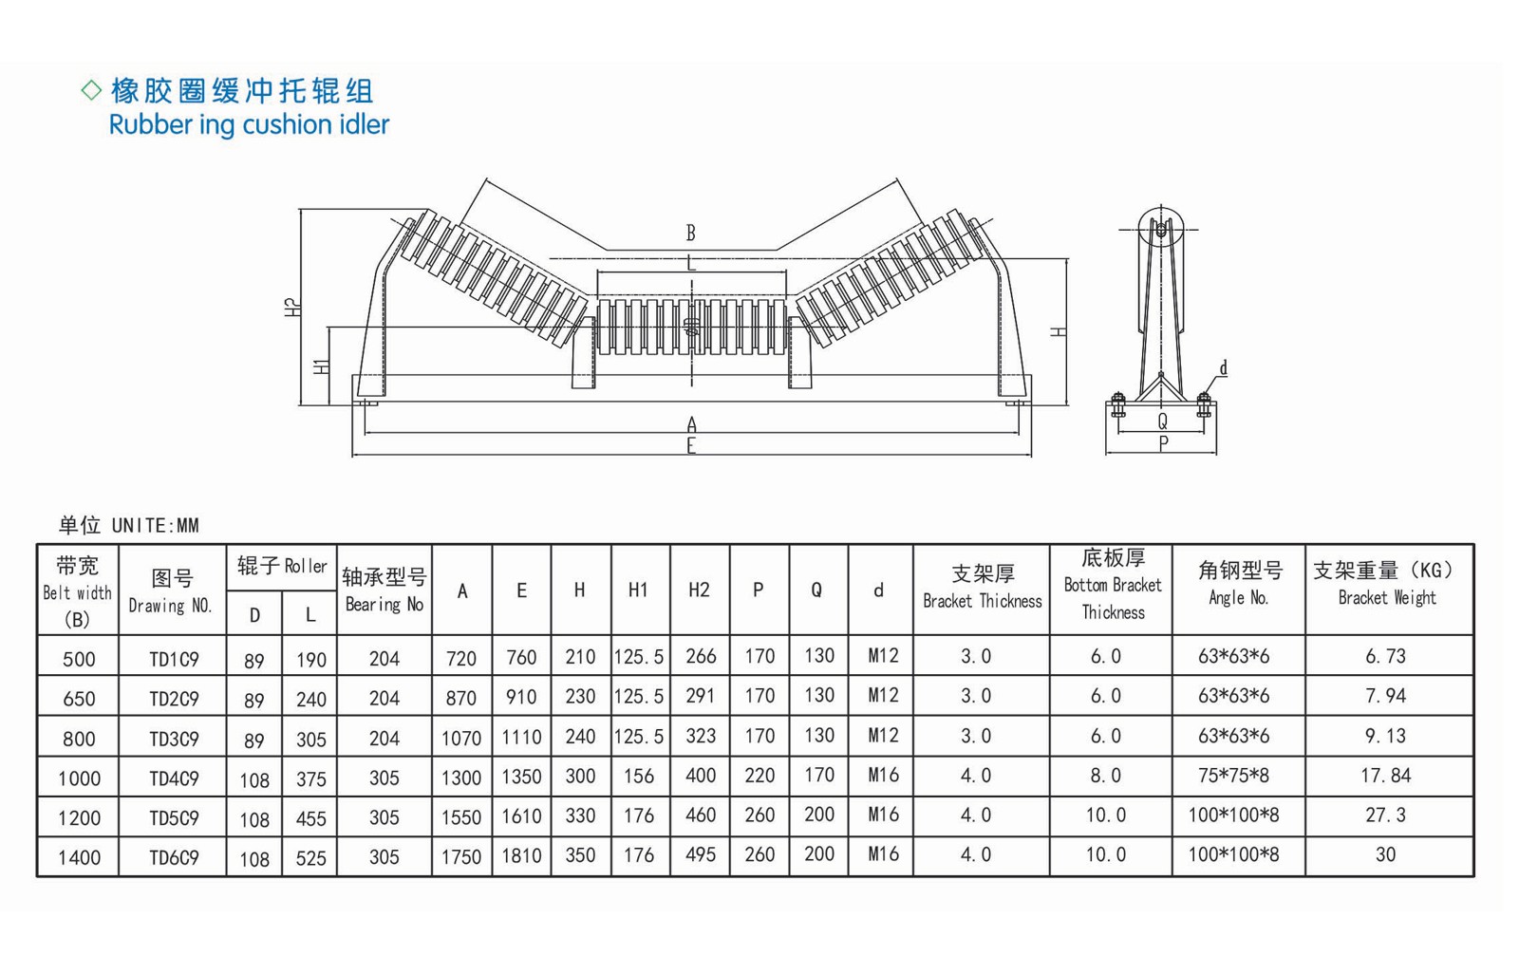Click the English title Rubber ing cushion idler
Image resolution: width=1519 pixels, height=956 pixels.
[249, 124]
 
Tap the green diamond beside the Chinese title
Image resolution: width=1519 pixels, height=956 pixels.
[91, 90]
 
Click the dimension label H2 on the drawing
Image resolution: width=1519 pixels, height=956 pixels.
[291, 307]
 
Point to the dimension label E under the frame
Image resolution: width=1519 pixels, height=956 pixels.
[691, 446]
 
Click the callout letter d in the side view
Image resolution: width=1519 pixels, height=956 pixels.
[1223, 368]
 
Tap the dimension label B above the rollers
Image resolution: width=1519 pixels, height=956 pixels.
[691, 233]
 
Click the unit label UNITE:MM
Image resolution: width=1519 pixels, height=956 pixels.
[155, 525]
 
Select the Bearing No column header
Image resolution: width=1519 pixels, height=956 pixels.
[384, 590]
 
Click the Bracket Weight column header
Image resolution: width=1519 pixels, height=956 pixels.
[1387, 583]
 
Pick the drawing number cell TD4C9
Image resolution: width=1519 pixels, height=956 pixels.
[174, 778]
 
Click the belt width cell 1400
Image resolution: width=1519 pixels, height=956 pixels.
[79, 858]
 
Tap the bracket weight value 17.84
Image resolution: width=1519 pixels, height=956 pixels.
[1385, 776]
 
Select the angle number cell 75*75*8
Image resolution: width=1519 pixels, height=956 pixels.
[1233, 776]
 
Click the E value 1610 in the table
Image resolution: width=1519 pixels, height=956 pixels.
[521, 816]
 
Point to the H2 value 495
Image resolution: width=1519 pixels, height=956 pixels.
[700, 854]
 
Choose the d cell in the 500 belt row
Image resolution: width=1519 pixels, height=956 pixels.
[882, 656]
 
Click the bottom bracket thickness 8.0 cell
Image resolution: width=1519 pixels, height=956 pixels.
[1105, 776]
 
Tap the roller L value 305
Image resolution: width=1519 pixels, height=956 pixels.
[310, 740]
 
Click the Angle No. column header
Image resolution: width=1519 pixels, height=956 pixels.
[1239, 583]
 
